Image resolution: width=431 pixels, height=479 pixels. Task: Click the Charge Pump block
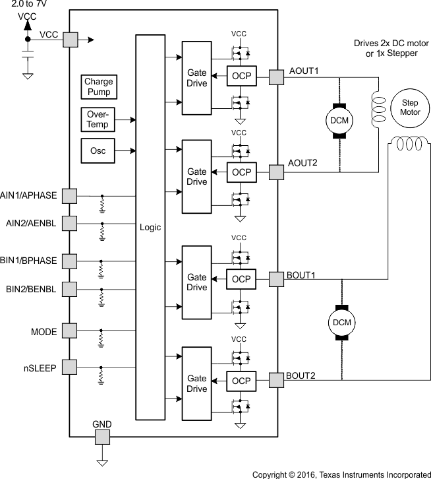click(98, 86)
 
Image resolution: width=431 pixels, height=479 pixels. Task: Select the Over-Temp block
click(98, 119)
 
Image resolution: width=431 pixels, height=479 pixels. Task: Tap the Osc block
click(98, 150)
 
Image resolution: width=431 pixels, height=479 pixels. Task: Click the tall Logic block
click(150, 227)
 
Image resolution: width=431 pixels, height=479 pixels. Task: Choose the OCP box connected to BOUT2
click(241, 381)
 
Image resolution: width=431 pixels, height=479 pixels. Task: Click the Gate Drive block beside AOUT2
click(197, 177)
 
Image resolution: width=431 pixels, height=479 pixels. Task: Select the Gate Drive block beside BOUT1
click(197, 282)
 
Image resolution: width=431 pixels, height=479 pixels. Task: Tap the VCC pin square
click(70, 40)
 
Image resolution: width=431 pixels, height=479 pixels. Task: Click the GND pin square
click(102, 437)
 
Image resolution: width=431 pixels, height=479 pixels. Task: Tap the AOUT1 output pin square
click(276, 78)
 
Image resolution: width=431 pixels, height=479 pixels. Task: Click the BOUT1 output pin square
click(276, 279)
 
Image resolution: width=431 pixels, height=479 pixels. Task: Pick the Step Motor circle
click(406, 107)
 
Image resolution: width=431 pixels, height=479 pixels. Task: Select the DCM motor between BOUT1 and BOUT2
click(341, 322)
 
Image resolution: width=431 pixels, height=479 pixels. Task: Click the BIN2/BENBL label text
click(31, 289)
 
